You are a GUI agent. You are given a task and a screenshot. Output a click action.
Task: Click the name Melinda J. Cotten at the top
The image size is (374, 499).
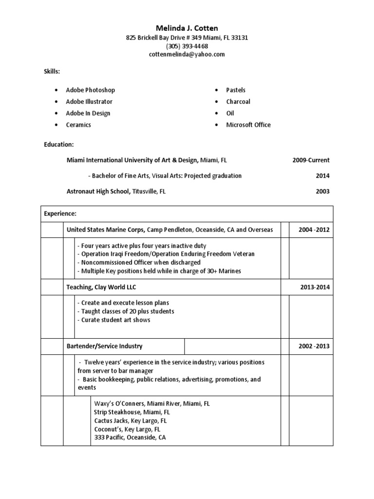pyautogui.click(x=187, y=29)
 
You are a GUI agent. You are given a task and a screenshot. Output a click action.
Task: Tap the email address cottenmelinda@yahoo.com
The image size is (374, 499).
pyautogui.click(x=187, y=55)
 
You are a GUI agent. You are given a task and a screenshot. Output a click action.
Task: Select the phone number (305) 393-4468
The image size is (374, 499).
pyautogui.click(x=187, y=46)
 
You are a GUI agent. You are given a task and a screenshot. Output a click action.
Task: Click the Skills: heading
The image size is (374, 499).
pyautogui.click(x=52, y=72)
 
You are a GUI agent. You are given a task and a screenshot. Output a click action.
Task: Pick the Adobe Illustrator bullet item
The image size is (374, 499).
pyautogui.click(x=89, y=101)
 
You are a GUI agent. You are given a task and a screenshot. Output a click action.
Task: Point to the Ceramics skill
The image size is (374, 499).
pyautogui.click(x=78, y=125)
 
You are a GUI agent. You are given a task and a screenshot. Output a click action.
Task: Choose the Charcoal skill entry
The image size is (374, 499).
pyautogui.click(x=238, y=101)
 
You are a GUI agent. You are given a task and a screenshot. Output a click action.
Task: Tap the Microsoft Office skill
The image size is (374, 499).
pyautogui.click(x=248, y=125)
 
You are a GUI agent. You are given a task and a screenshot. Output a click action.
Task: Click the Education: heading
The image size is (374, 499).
pyautogui.click(x=59, y=145)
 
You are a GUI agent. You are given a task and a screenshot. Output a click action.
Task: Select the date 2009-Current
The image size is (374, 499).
pyautogui.click(x=311, y=160)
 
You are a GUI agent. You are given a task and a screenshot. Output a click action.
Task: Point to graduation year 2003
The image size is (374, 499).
pyautogui.click(x=322, y=192)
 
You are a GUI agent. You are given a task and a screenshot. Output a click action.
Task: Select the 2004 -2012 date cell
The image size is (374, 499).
pyautogui.click(x=311, y=230)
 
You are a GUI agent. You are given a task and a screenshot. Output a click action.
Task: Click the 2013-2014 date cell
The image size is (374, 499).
pyautogui.click(x=315, y=287)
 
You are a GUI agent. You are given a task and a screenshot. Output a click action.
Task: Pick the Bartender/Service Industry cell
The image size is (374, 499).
pyautogui.click(x=104, y=346)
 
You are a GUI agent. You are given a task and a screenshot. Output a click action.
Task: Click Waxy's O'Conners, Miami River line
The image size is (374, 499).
pyautogui.click(x=152, y=404)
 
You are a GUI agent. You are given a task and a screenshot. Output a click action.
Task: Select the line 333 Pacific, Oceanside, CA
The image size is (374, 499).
pyautogui.click(x=130, y=438)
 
